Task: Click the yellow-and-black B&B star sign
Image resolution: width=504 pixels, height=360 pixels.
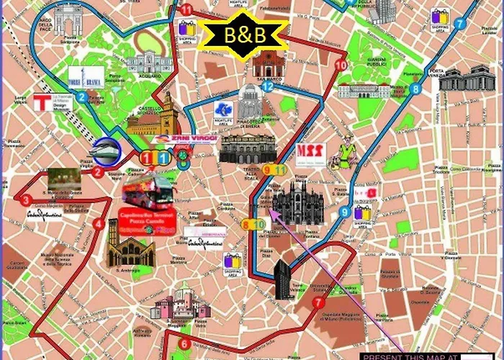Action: pyautogui.click(x=243, y=33)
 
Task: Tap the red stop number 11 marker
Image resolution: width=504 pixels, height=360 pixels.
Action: pyautogui.click(x=187, y=9)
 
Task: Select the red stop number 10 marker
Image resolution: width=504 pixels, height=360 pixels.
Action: pyautogui.click(x=340, y=66)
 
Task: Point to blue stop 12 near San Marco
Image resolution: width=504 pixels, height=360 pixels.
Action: pyautogui.click(x=268, y=86)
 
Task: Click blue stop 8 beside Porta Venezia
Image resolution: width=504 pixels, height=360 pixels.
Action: pyautogui.click(x=415, y=89)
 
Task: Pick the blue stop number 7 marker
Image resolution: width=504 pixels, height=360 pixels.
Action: pyautogui.click(x=459, y=24)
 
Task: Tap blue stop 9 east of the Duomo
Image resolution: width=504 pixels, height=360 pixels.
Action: pyautogui.click(x=346, y=212)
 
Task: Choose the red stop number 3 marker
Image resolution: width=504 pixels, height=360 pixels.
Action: pyautogui.click(x=26, y=200)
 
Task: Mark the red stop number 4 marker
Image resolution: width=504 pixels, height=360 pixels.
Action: pyautogui.click(x=98, y=224)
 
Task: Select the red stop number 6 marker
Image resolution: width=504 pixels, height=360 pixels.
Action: pyautogui.click(x=184, y=343)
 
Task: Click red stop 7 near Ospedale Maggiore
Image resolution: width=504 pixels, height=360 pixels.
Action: pyautogui.click(x=318, y=303)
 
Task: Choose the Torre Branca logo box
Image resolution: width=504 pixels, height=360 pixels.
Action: pyautogui.click(x=86, y=76)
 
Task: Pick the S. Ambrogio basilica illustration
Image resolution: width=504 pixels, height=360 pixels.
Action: pyautogui.click(x=130, y=248)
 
